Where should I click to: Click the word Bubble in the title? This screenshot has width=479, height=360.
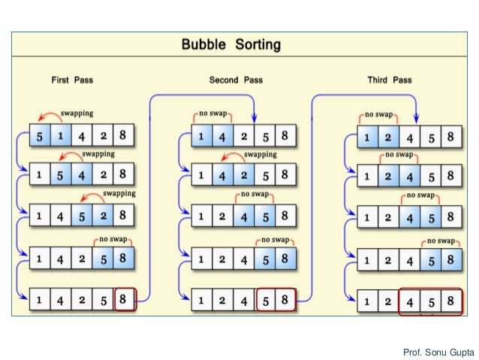205,44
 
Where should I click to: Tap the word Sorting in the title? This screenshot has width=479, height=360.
256,44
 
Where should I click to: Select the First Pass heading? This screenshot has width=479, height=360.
72,79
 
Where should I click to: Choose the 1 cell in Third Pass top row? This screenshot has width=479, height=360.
367,137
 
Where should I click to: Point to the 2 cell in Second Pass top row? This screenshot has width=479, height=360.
245,137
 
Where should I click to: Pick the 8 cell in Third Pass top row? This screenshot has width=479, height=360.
450,137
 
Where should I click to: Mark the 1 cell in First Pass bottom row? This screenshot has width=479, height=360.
40,299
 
